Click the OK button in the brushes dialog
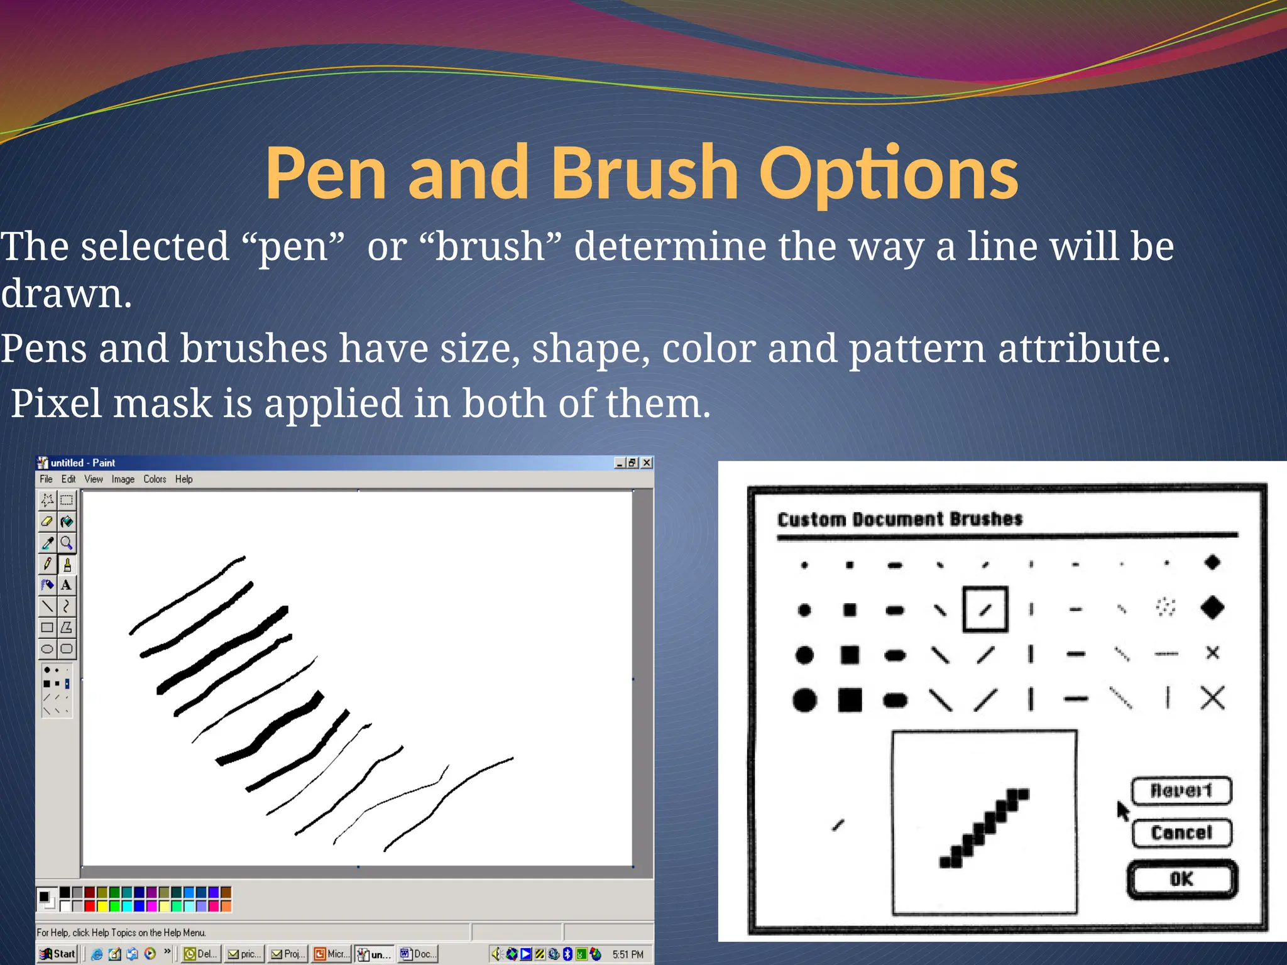[x=1181, y=879]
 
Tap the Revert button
[x=1181, y=790]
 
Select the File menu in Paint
[x=46, y=479]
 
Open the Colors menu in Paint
[x=155, y=479]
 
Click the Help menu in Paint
[x=183, y=479]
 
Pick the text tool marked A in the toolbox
[x=66, y=585]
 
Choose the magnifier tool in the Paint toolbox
[x=66, y=543]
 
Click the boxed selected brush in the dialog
[x=985, y=609]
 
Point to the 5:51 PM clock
[x=628, y=954]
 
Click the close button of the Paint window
[x=646, y=463]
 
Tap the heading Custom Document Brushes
[x=900, y=520]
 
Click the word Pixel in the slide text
[x=58, y=403]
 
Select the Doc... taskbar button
[x=418, y=954]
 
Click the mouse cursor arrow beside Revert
[x=1122, y=810]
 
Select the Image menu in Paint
[x=123, y=479]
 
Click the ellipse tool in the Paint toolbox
[x=47, y=648]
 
